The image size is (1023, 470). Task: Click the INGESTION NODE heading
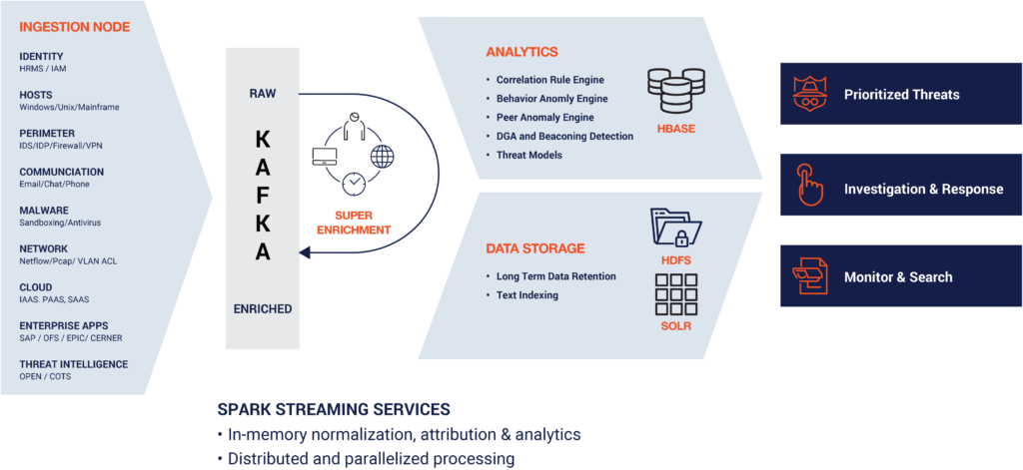point(75,27)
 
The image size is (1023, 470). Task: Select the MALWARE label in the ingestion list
point(44,211)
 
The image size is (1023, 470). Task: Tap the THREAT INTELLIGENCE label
point(74,365)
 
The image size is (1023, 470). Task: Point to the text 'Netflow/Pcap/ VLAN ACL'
point(68,261)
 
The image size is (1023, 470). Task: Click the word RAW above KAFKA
point(262,94)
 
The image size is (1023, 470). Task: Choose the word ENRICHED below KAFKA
point(262,309)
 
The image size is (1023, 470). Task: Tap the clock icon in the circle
point(353,184)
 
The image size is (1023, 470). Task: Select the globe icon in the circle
point(382,156)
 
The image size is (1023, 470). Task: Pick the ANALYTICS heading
point(521,52)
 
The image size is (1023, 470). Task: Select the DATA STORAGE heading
point(535,248)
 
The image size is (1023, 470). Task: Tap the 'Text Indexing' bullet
point(526,295)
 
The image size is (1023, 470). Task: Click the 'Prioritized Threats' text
point(901,95)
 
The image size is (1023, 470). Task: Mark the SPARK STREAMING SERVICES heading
point(334,410)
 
